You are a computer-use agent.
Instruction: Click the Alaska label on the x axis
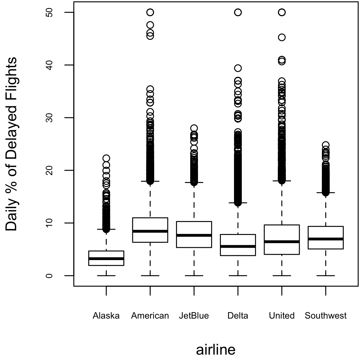coord(106,316)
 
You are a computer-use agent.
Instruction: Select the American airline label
coord(150,316)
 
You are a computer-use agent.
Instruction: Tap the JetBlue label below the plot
coord(194,316)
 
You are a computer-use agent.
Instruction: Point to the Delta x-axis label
coord(238,316)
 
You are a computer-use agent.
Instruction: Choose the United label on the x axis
coord(282,316)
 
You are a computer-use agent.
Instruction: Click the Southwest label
coord(325,316)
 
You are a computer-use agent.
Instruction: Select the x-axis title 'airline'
coord(215,349)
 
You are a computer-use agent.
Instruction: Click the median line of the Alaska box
coord(106,259)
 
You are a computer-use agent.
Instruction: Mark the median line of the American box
coord(150,231)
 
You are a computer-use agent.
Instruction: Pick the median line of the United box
coord(282,241)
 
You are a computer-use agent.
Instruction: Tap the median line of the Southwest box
coord(325,239)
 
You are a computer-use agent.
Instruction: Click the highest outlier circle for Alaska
coord(106,158)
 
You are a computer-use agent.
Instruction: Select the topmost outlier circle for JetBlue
coord(194,128)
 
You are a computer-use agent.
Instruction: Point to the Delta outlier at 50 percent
coord(238,12)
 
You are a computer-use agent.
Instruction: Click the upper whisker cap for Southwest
coord(325,193)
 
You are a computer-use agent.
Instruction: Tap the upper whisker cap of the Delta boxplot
coord(238,203)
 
